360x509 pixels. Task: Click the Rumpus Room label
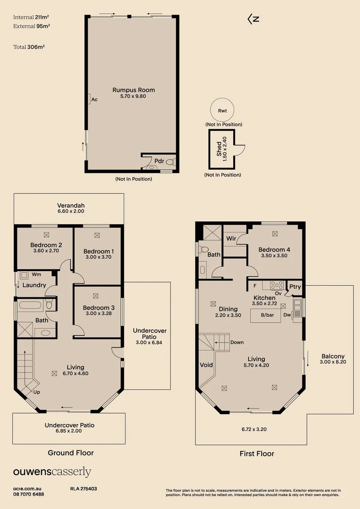[x=133, y=90]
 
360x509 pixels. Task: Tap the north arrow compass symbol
[x=254, y=19]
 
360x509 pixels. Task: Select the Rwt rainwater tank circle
[x=222, y=110]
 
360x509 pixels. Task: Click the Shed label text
[x=219, y=149]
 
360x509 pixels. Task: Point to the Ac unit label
[x=94, y=99]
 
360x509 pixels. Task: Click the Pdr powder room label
[x=159, y=161]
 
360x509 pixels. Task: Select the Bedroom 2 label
[x=46, y=245]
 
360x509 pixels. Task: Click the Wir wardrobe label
[x=231, y=239]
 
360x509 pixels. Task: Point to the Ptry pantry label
[x=295, y=287]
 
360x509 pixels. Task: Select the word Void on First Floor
[x=206, y=365]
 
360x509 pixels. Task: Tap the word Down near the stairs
[x=237, y=342]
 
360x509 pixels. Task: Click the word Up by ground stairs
[x=36, y=392]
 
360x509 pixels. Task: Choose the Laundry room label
[x=34, y=285]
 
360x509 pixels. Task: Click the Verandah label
[x=71, y=205]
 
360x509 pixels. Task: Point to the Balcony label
[x=333, y=356]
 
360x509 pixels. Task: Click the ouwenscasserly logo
[x=52, y=472]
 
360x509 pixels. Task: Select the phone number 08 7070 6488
[x=29, y=494]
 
